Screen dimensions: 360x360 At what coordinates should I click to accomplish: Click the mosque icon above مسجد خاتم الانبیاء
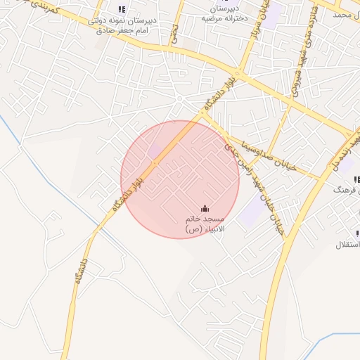(x=205, y=208)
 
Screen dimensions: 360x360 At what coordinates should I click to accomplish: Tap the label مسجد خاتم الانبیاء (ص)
(x=204, y=224)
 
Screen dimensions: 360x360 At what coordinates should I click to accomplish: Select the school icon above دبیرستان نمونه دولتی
(x=122, y=9)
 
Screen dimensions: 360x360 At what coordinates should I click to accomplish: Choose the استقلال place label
(x=349, y=245)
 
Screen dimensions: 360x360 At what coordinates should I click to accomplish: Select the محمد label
(x=342, y=14)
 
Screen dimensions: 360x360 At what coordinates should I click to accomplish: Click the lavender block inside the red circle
(x=153, y=151)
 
